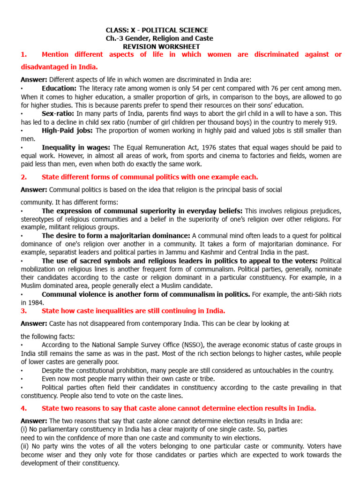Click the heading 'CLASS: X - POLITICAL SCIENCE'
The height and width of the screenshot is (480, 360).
pos(157,30)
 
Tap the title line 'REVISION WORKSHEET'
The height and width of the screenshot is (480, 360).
pos(161,46)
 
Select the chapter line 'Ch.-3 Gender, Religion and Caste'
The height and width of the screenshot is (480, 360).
pos(159,38)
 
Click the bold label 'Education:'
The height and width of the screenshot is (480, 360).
pos(59,88)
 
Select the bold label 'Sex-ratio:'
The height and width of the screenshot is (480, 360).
pos(58,113)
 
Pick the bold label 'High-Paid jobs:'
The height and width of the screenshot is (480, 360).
pos(67,130)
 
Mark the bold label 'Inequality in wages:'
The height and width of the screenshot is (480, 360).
pos(76,147)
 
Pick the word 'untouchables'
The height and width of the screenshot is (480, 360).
pos(259,370)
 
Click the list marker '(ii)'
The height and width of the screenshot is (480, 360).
pos(26,447)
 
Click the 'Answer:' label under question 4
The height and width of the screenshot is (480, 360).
pos(34,421)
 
